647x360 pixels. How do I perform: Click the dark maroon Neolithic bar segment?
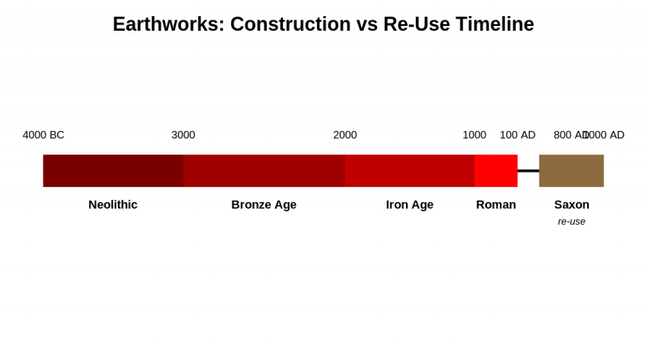113,171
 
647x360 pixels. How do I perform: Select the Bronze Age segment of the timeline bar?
264,171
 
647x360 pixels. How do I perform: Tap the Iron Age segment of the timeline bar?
409,171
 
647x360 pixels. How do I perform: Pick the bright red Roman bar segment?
496,171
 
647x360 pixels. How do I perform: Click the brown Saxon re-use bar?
571,171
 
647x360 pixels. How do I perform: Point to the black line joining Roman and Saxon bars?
528,171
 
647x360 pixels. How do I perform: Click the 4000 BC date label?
44,135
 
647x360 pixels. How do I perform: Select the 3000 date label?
183,135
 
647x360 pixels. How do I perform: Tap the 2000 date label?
345,135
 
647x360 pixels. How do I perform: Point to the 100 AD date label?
518,135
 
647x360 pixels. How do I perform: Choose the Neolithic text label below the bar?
113,205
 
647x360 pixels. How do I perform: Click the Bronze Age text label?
264,205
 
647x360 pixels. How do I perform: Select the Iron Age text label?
409,205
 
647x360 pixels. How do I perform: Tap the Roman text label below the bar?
496,205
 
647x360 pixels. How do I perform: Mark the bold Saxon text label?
571,205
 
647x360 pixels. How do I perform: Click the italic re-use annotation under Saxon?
571,222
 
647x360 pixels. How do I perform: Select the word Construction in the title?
287,24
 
